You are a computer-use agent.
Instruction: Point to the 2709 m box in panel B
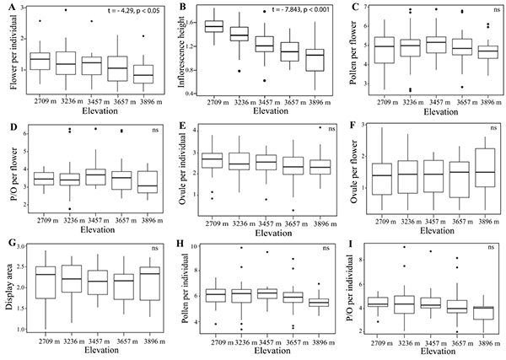pos(214,26)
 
